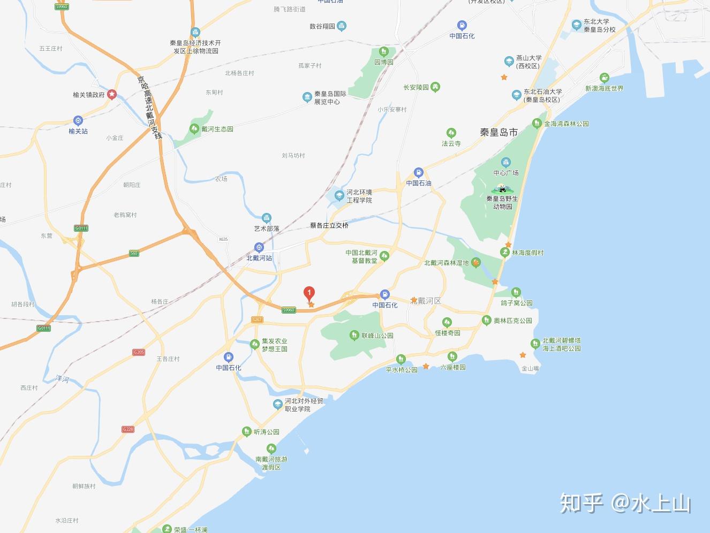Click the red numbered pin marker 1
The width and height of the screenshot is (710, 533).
tap(309, 293)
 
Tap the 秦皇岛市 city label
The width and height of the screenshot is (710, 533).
tap(498, 132)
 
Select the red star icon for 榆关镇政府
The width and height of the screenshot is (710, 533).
tap(112, 95)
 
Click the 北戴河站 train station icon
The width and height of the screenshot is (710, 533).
tap(259, 247)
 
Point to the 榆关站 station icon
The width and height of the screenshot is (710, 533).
tap(78, 121)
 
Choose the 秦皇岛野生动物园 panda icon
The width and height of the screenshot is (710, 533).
tap(502, 188)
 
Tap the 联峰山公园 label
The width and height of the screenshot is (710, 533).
tap(377, 336)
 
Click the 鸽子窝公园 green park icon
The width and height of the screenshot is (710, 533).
tap(516, 293)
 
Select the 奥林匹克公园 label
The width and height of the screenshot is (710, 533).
tap(512, 321)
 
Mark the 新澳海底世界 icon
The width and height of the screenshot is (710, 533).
tap(605, 78)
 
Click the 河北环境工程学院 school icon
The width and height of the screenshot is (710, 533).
tap(339, 196)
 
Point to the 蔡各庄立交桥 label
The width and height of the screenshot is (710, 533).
tap(329, 225)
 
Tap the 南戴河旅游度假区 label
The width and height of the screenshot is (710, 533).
tap(271, 463)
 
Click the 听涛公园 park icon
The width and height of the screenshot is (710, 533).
tap(246, 431)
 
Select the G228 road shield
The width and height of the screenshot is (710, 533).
tap(127, 429)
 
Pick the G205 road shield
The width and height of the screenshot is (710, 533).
tap(139, 352)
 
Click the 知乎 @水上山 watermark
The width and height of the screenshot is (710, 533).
tap(625, 504)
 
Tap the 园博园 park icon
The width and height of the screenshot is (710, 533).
tap(384, 52)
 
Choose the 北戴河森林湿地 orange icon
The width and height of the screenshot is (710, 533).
tap(475, 262)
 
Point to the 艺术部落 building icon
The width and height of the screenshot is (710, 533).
tap(267, 218)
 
